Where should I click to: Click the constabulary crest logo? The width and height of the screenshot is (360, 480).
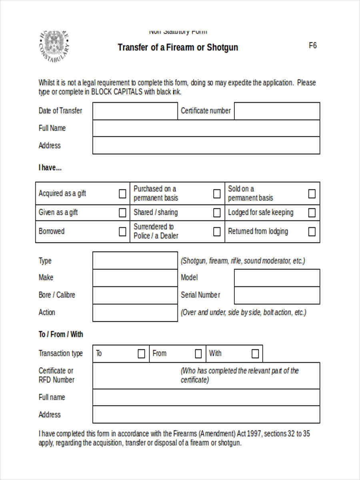click(54, 46)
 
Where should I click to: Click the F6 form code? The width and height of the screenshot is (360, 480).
click(312, 46)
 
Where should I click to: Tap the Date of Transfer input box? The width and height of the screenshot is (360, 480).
click(135, 111)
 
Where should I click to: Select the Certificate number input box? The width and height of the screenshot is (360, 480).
click(277, 111)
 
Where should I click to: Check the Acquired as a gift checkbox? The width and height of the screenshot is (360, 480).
click(122, 194)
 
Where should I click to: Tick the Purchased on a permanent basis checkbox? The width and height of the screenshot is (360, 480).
click(217, 194)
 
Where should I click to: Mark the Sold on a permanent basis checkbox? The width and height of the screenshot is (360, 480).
click(312, 194)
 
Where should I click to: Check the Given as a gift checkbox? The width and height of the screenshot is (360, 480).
click(122, 212)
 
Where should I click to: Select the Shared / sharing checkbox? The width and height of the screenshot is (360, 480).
click(217, 212)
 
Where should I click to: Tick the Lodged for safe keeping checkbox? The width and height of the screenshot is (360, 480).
click(312, 212)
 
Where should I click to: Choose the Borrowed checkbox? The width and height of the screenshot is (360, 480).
click(122, 232)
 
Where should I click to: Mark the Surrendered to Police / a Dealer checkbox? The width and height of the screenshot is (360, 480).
click(217, 232)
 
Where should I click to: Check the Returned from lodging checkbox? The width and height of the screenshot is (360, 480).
click(312, 232)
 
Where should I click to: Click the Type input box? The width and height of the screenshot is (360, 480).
click(135, 260)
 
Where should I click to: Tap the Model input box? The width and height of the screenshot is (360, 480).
click(277, 278)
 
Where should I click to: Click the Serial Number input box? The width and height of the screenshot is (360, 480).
click(277, 295)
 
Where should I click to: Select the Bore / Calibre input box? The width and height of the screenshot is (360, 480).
click(135, 295)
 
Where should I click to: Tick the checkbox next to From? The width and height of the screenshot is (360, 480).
click(198, 354)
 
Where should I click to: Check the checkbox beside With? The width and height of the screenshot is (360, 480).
click(255, 354)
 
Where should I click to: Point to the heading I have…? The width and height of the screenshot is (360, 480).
click(50, 168)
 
